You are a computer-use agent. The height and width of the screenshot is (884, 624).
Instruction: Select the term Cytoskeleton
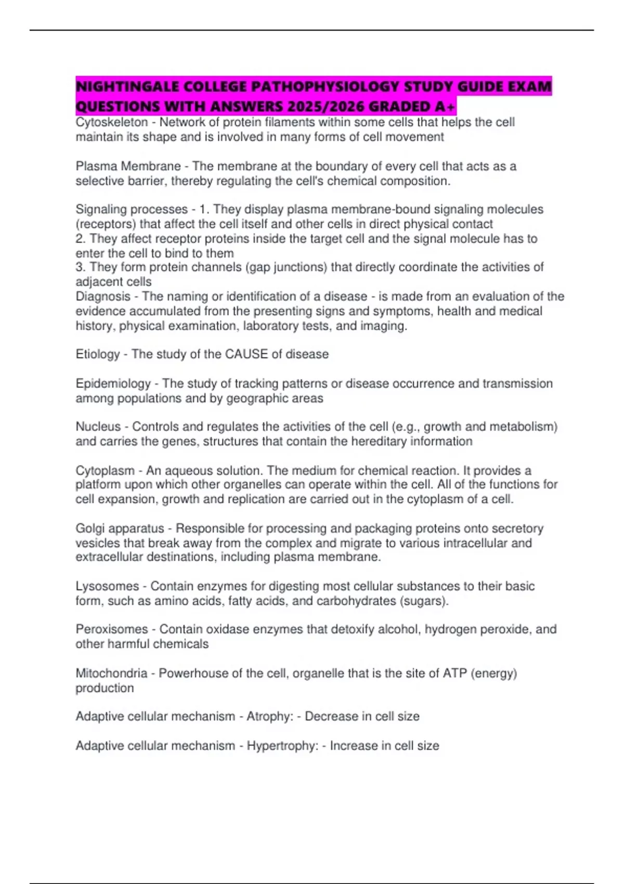coord(112,122)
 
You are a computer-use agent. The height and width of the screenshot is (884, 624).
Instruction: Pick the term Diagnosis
coord(103,296)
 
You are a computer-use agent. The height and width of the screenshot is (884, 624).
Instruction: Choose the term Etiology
coord(98,355)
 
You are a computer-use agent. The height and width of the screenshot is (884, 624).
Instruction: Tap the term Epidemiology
coord(113,384)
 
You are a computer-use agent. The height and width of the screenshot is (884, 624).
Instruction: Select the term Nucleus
coord(98,427)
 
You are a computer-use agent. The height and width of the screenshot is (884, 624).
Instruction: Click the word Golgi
coord(90,529)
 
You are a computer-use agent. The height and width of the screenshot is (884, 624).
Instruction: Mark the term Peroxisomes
coord(112,630)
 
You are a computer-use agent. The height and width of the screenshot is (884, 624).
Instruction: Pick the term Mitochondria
coord(111,673)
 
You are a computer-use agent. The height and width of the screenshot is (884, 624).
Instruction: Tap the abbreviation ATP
coord(454,673)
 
